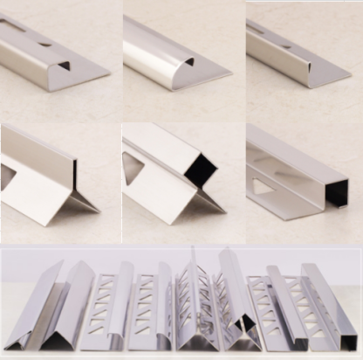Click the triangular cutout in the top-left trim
[x=64, y=65]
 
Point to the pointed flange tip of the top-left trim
[x=108, y=73]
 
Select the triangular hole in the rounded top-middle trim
[x=188, y=62]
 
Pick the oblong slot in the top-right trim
[x=257, y=32]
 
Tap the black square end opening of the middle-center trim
[x=200, y=171]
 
